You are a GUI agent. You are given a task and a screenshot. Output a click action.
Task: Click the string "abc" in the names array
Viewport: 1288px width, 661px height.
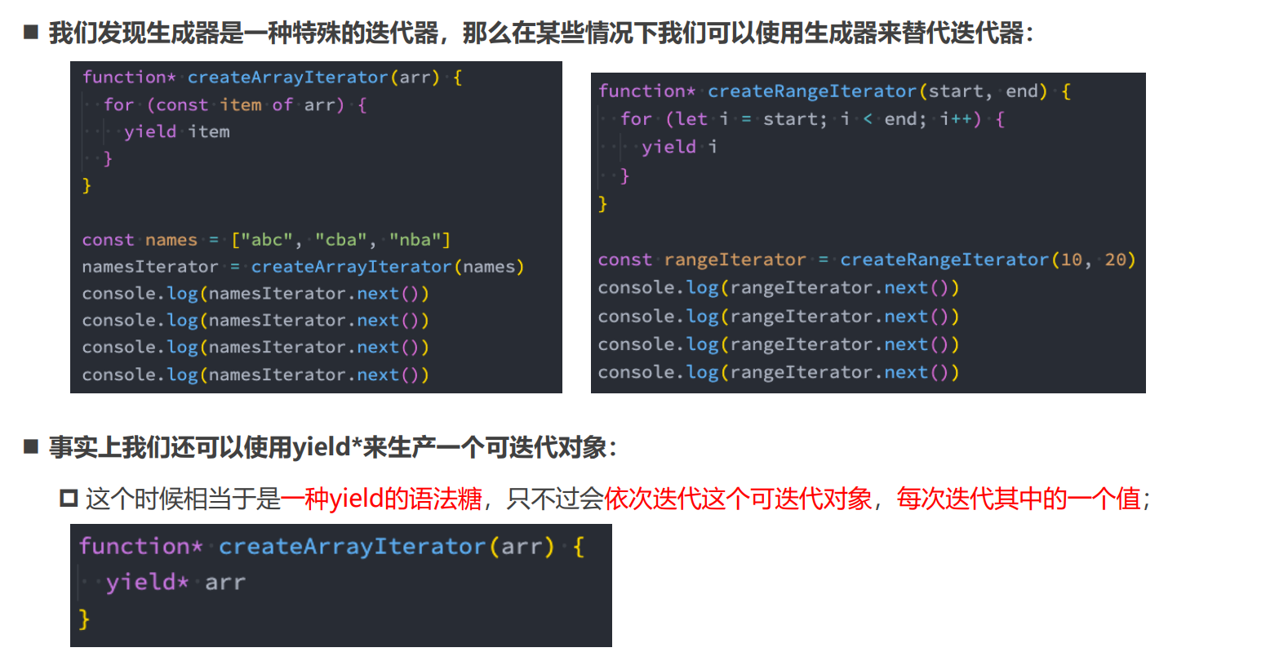[261, 240]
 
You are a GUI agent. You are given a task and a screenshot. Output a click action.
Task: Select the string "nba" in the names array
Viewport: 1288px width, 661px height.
[420, 240]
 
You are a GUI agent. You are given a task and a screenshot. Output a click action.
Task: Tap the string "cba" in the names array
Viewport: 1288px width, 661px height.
[340, 240]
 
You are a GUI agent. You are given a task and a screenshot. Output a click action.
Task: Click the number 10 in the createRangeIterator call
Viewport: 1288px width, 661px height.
[1071, 260]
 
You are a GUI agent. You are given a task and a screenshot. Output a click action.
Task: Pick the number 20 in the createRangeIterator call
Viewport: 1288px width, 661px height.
[1115, 260]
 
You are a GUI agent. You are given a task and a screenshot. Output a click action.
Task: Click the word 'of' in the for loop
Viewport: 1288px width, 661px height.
[282, 104]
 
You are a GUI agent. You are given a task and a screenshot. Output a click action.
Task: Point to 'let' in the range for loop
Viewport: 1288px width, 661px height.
[692, 119]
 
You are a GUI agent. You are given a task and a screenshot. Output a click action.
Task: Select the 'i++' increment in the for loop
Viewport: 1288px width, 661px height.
[956, 119]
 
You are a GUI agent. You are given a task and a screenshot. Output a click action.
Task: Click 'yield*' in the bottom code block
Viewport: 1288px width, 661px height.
[148, 582]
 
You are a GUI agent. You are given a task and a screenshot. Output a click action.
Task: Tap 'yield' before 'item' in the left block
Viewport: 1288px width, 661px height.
[150, 131]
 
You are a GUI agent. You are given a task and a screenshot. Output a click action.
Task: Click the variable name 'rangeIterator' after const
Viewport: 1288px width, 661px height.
[735, 260]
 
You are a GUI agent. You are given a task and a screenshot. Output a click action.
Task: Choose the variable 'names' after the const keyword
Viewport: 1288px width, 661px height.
[171, 240]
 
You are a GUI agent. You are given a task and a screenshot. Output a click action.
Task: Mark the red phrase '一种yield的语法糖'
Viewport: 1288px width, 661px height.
[381, 498]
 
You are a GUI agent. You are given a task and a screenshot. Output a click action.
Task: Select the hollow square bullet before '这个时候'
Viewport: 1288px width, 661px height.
[69, 498]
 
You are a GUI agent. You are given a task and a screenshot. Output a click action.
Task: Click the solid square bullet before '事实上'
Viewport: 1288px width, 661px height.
[31, 446]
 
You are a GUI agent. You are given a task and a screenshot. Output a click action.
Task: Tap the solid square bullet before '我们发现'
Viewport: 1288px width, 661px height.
[31, 33]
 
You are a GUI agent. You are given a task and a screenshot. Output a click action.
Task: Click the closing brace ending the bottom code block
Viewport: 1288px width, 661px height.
[84, 619]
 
